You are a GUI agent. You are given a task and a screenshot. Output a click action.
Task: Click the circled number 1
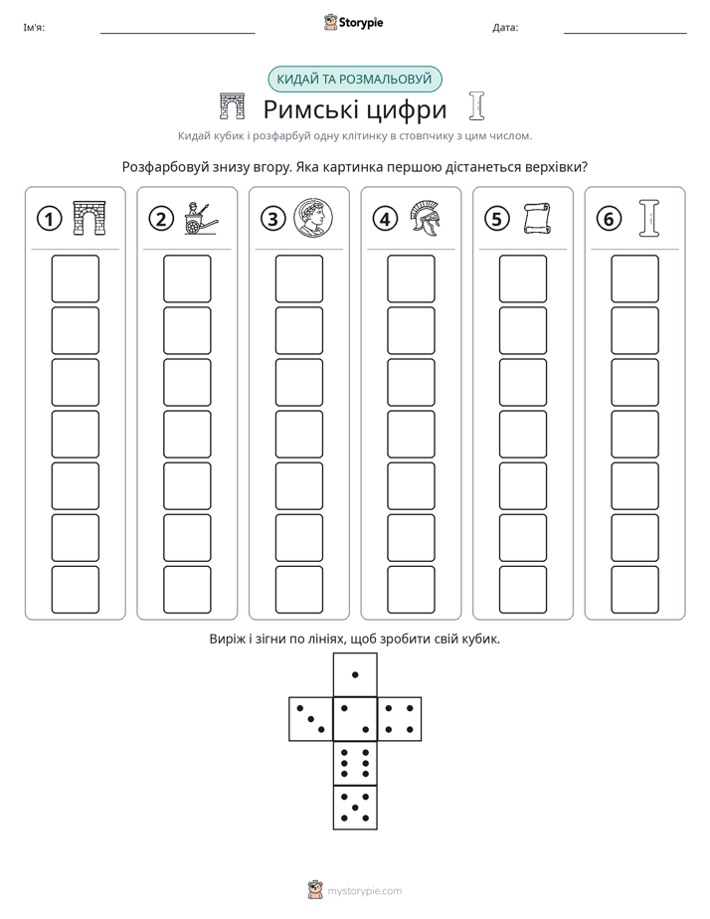point(49,219)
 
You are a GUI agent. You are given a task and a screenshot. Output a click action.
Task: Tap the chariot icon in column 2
point(200,219)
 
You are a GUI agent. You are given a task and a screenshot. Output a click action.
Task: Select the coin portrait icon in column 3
point(313,218)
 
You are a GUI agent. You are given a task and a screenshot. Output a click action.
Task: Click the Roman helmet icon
point(425,218)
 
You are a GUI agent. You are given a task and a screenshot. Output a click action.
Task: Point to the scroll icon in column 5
point(536,219)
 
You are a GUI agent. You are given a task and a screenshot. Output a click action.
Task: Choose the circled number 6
point(609,219)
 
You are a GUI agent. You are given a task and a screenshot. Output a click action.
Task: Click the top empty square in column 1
point(76,278)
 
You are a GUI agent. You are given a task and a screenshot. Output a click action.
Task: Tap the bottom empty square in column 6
point(635,590)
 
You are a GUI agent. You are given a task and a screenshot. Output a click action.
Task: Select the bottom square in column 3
point(299,590)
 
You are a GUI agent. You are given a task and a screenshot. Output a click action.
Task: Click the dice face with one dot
point(355,674)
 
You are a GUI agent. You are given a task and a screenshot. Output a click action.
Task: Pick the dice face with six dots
point(355,764)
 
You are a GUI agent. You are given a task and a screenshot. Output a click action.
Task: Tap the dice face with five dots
point(355,808)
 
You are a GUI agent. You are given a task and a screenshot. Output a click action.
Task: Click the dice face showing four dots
point(400,719)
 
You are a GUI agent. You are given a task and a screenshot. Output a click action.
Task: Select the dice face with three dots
point(311,719)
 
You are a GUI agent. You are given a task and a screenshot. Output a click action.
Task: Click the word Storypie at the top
point(361,23)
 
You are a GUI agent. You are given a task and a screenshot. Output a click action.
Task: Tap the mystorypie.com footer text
point(364,891)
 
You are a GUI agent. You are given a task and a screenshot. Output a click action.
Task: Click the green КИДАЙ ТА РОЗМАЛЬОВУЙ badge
point(354,80)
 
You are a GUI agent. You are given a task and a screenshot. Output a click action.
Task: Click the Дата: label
point(505,28)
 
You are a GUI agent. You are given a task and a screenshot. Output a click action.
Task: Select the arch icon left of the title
point(232,105)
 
